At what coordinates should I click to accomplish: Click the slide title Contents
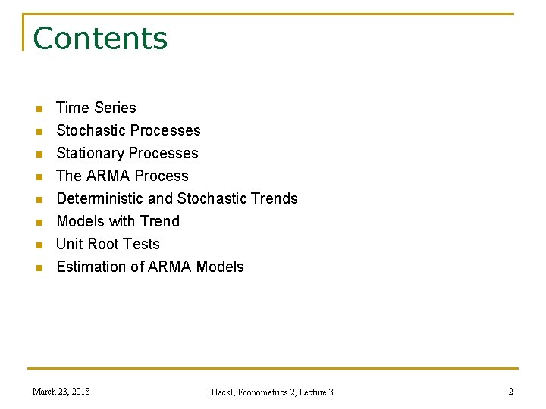[100, 39]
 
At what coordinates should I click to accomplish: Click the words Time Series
[96, 108]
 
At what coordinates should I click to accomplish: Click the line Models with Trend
[118, 221]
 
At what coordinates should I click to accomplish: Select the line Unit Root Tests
[108, 244]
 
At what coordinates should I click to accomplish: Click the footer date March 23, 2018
[61, 391]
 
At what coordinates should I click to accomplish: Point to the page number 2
[510, 391]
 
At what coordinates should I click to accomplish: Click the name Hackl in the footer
[224, 392]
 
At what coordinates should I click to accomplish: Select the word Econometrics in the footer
[265, 392]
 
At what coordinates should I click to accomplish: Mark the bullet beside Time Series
[40, 109]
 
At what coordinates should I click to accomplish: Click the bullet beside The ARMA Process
[40, 177]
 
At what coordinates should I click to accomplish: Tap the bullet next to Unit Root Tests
[40, 245]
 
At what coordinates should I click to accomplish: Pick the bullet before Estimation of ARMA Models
[40, 268]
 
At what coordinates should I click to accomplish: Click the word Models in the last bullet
[220, 267]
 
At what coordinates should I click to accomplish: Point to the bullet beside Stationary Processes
[40, 155]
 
